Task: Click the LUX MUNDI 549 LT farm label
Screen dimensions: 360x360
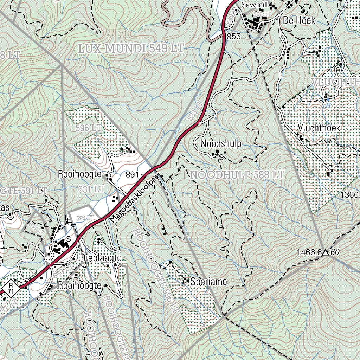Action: pyautogui.click(x=131, y=49)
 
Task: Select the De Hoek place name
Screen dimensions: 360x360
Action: pyautogui.click(x=299, y=21)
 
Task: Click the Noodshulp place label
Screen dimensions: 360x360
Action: pyautogui.click(x=221, y=144)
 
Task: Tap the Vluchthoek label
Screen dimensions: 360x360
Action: pyautogui.click(x=319, y=127)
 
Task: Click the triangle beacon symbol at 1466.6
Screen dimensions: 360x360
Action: pyautogui.click(x=326, y=252)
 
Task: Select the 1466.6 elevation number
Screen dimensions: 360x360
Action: pyautogui.click(x=309, y=252)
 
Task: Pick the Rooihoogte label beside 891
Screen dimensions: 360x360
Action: pyautogui.click(x=80, y=174)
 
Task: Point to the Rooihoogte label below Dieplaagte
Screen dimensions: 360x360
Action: pyautogui.click(x=80, y=285)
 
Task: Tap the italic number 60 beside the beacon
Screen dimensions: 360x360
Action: pyautogui.click(x=335, y=252)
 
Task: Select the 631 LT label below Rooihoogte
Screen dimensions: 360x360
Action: pyautogui.click(x=92, y=189)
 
